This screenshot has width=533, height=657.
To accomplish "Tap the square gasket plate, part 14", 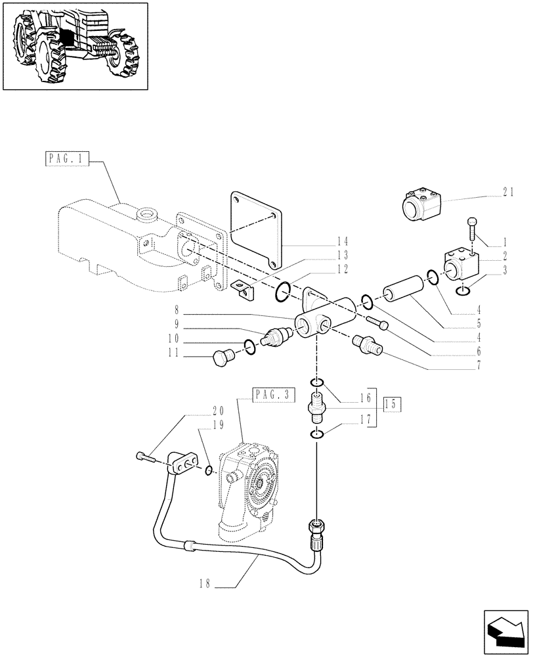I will (256, 227).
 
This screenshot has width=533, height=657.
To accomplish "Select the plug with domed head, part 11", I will (224, 357).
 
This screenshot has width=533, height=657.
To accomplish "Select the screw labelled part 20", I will (146, 457).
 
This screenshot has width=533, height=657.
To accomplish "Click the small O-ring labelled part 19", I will (208, 469).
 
